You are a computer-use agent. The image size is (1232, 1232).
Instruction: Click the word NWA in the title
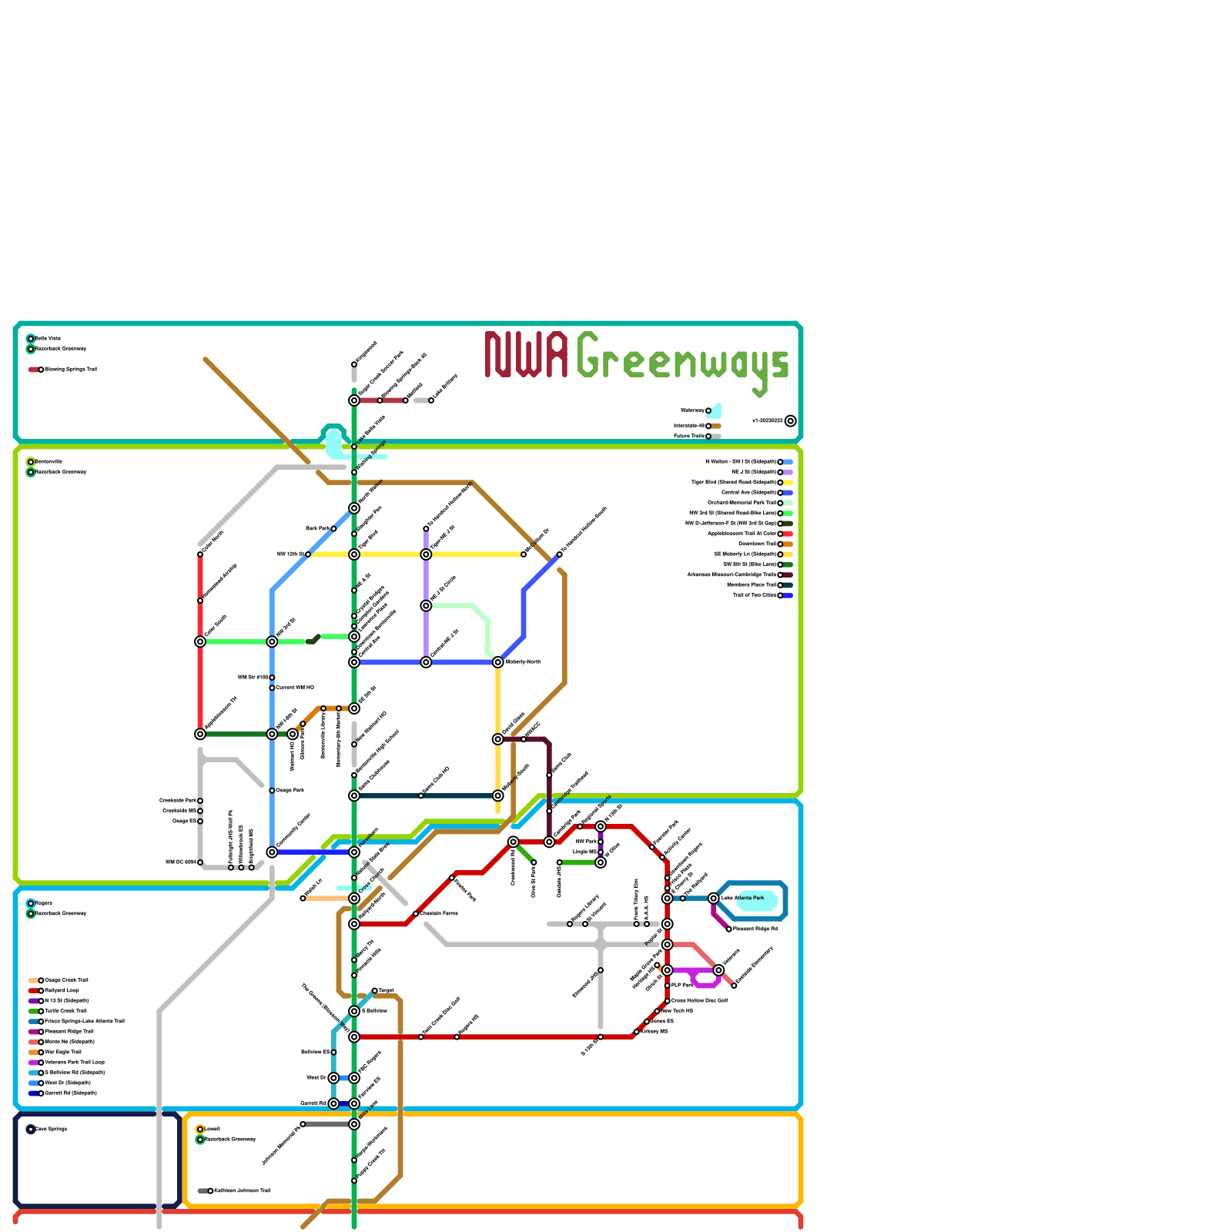point(527,355)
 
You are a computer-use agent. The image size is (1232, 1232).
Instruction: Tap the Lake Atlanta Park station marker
point(714,898)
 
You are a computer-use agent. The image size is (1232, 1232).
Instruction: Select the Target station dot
point(375,991)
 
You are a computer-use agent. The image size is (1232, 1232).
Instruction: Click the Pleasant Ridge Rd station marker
point(729,929)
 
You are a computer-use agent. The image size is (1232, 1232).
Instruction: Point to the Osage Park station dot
point(272,791)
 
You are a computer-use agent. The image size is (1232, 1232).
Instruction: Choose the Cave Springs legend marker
point(31,1130)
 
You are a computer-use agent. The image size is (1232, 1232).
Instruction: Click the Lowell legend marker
point(200,1130)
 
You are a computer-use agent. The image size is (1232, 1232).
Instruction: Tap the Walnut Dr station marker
point(333,1078)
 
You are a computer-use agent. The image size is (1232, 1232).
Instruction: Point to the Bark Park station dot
point(333,529)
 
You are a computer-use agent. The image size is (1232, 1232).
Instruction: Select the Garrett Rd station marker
point(333,1103)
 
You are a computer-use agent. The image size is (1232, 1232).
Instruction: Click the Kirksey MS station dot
point(637,1032)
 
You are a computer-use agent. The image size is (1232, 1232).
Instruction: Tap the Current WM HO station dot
point(272,688)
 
